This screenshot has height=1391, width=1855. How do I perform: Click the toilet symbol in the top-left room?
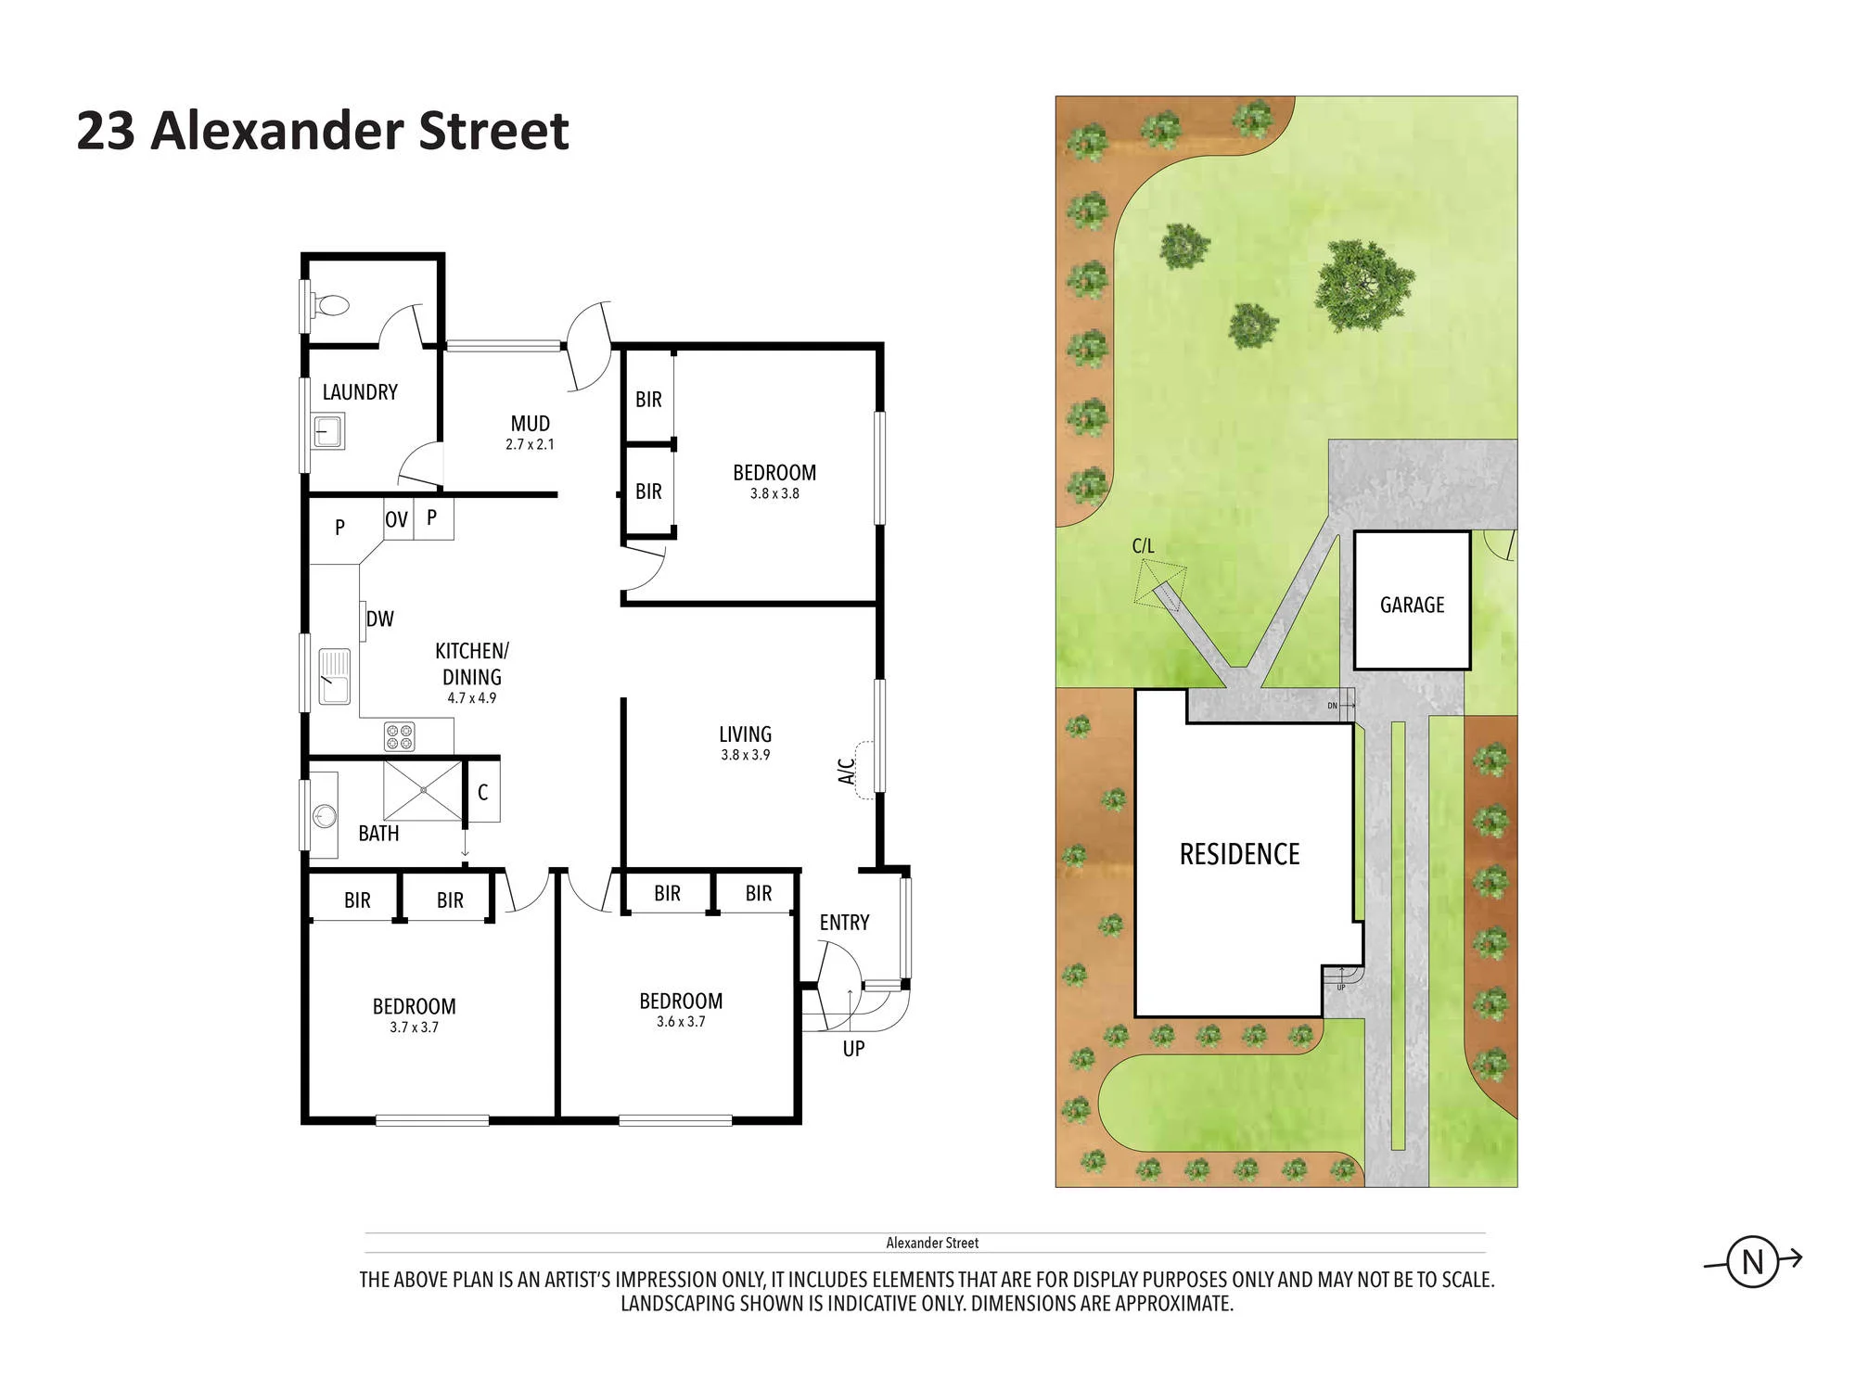pyautogui.click(x=330, y=305)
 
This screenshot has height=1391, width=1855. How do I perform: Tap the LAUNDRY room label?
pyautogui.click(x=360, y=392)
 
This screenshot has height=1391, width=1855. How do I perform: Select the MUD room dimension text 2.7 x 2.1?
pyautogui.click(x=530, y=444)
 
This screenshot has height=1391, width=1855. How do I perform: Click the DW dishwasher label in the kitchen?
pyautogui.click(x=380, y=619)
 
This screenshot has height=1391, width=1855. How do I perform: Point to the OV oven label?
pyautogui.click(x=397, y=519)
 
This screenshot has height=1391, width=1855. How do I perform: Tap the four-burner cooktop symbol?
pyautogui.click(x=400, y=737)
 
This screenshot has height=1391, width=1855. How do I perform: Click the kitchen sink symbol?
pyautogui.click(x=335, y=676)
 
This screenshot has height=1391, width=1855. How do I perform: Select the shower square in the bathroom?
pyautogui.click(x=422, y=790)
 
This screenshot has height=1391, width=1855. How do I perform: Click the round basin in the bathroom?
pyautogui.click(x=324, y=816)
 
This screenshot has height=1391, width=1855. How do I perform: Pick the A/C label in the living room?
pyautogui.click(x=847, y=772)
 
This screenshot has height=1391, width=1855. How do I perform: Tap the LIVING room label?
pyautogui.click(x=746, y=734)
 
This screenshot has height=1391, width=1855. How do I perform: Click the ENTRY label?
pyautogui.click(x=845, y=923)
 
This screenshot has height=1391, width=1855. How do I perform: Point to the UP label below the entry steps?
pyautogui.click(x=853, y=1049)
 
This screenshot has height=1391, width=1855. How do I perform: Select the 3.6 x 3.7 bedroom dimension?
pyautogui.click(x=681, y=1022)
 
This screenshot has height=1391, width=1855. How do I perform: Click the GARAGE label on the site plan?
pyautogui.click(x=1413, y=605)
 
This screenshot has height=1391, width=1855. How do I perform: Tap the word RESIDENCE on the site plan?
pyautogui.click(x=1239, y=854)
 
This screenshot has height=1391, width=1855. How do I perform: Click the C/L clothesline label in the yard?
pyautogui.click(x=1144, y=546)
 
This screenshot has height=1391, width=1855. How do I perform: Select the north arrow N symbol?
pyautogui.click(x=1753, y=1261)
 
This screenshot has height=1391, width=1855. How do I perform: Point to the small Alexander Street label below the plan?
pyautogui.click(x=932, y=1243)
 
